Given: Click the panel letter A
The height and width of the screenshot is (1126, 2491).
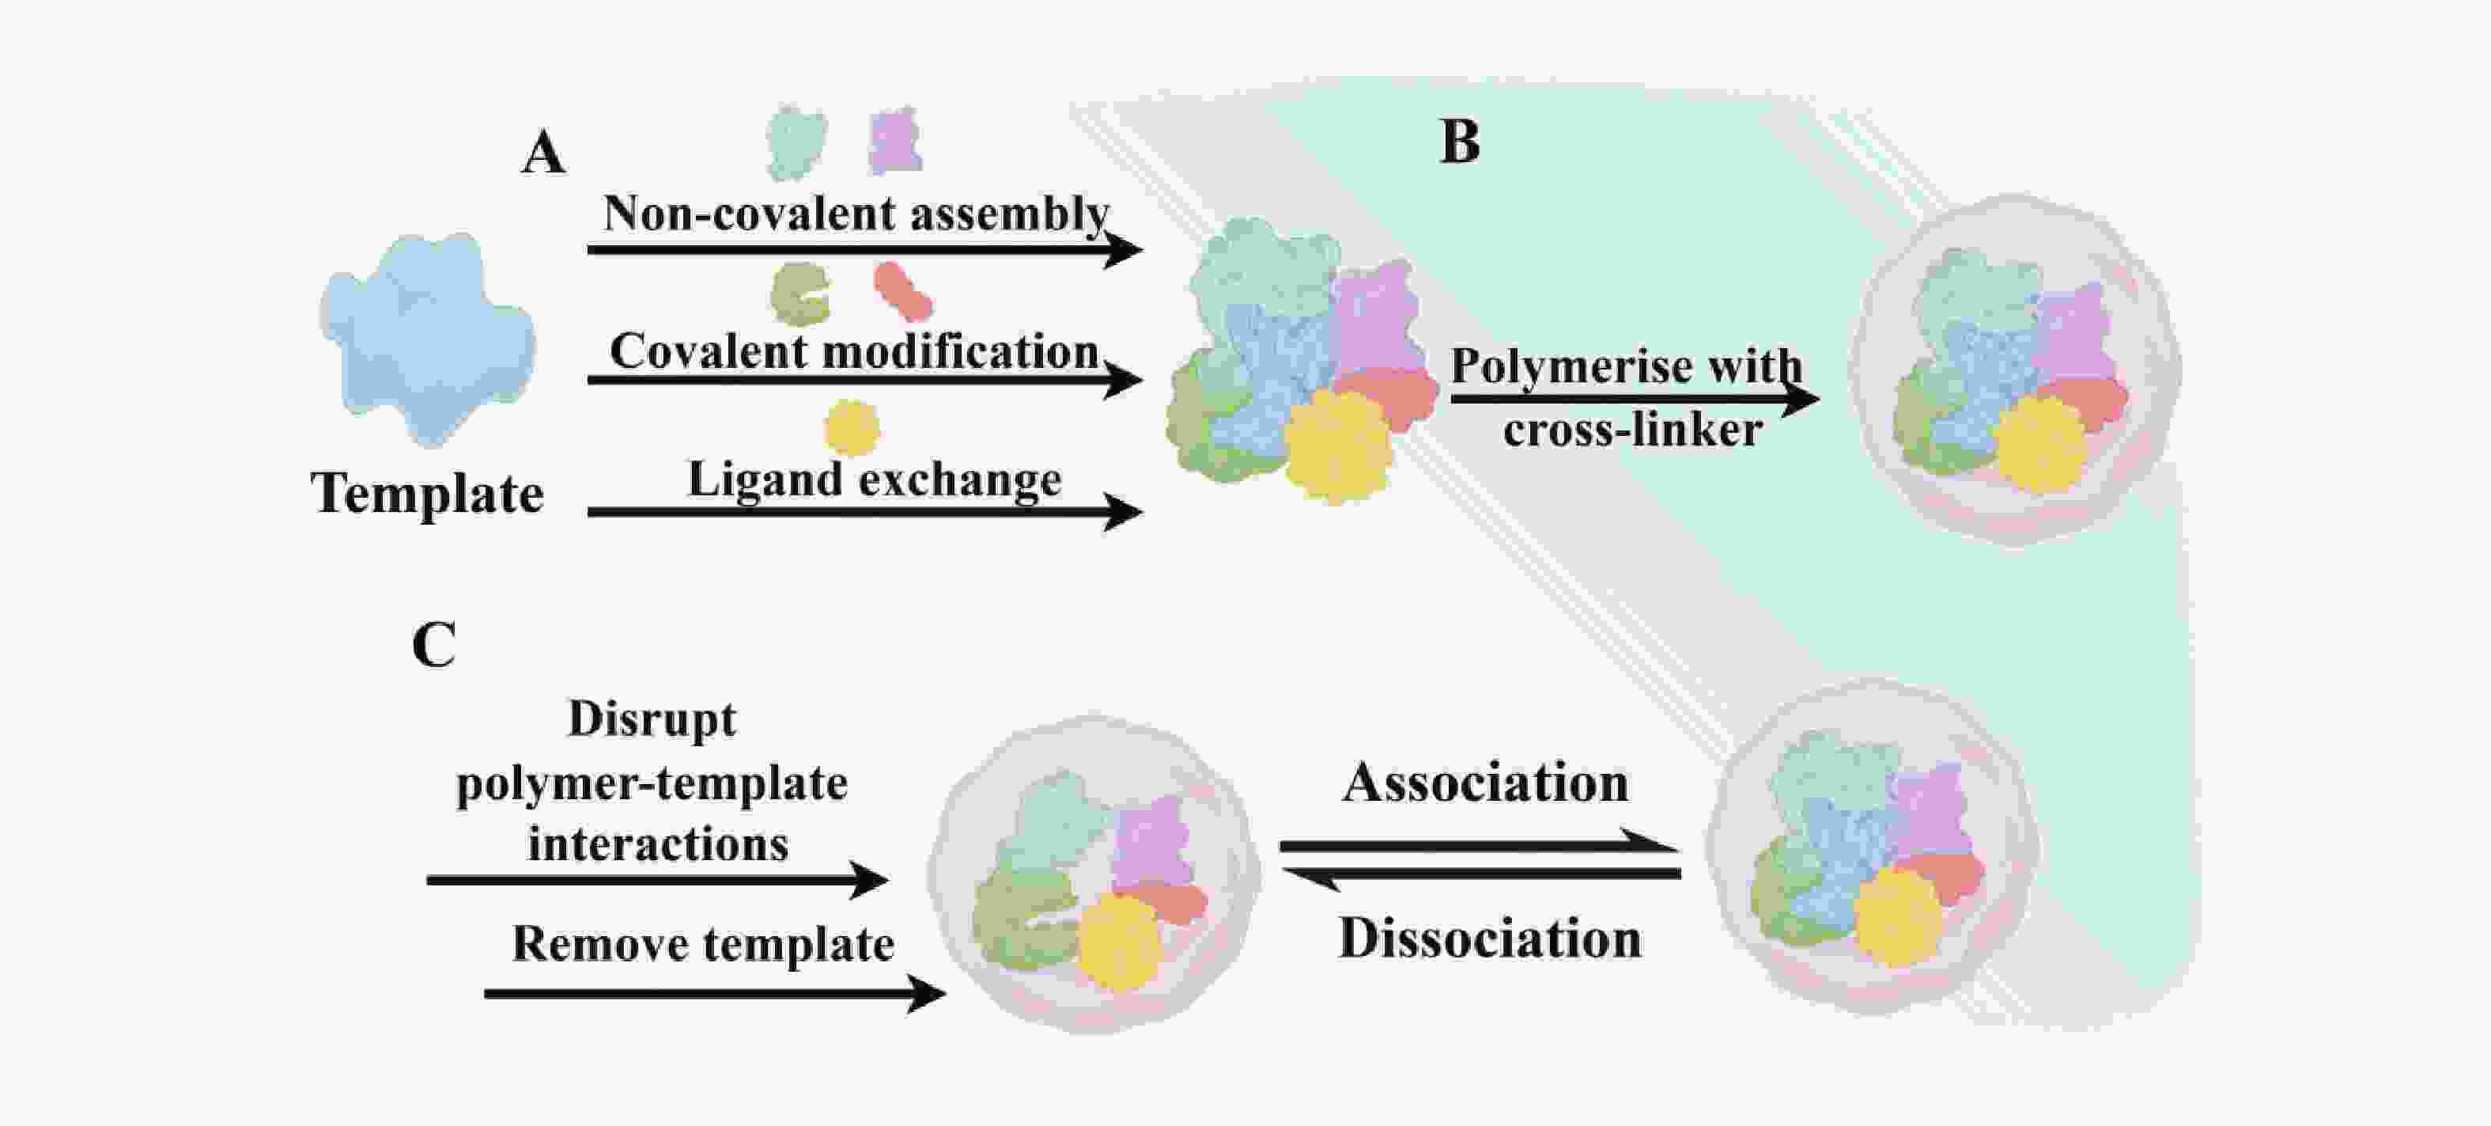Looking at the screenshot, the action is coord(543,153).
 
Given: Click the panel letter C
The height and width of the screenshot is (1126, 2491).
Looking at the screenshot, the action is coord(434,644).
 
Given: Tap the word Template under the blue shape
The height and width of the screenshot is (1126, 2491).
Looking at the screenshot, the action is coord(427,493).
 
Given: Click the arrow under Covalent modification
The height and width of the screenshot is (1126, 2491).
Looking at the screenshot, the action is coord(865,380).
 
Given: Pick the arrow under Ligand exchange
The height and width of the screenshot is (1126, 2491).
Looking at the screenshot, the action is coord(865,512).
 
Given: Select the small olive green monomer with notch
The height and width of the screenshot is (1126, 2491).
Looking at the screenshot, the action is coord(799,294).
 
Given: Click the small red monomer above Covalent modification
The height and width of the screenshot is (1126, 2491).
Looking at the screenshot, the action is coord(903,291).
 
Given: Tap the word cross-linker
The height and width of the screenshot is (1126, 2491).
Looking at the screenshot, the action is coord(1633,430).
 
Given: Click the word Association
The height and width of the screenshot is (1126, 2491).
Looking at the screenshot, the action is coord(1486,783).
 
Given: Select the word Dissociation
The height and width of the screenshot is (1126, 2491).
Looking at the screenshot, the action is coord(1490,938).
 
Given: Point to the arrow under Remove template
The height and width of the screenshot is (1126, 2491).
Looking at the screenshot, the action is coord(715,994).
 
